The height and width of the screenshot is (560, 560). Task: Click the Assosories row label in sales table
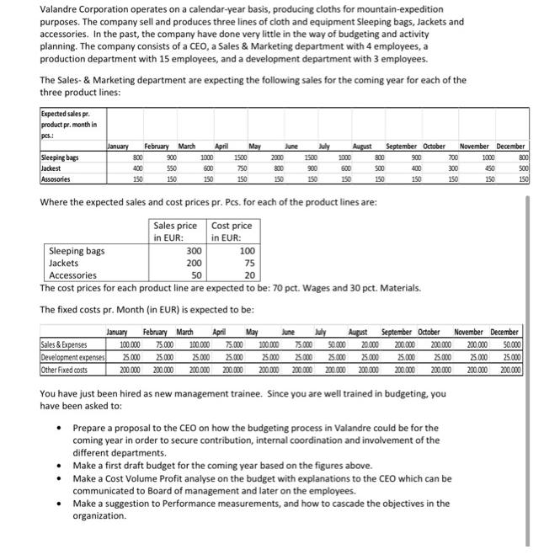click(58, 179)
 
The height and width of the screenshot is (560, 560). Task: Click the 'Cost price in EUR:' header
click(232, 232)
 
